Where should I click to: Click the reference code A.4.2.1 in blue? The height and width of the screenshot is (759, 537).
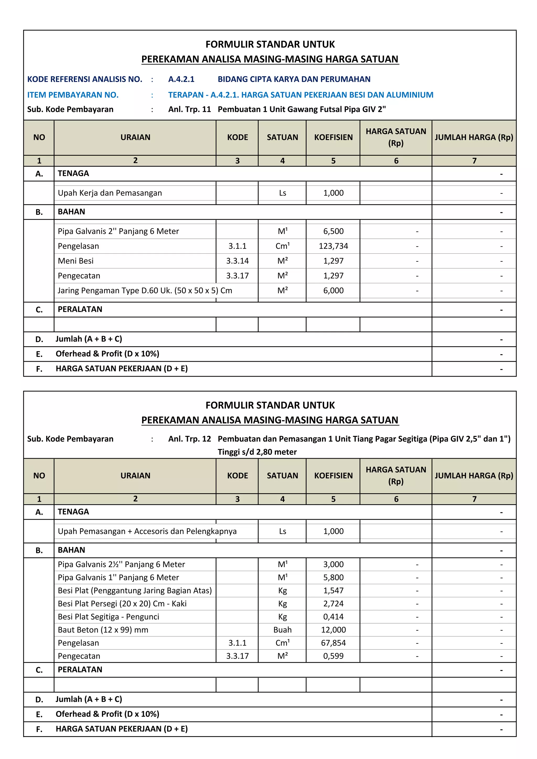[x=181, y=79]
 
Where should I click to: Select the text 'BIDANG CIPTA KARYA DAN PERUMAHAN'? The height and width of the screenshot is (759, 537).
[x=294, y=79]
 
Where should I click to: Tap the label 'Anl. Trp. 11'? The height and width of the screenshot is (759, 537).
[x=190, y=109]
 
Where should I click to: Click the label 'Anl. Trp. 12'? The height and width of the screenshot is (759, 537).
[x=190, y=439]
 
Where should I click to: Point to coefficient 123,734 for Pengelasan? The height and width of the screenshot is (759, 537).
[x=333, y=246]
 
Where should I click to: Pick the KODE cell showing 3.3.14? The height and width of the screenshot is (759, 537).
[x=237, y=261]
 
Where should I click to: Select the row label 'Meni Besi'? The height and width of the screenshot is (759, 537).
[x=76, y=261]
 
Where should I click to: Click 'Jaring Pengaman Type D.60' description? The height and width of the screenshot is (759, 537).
[x=144, y=291]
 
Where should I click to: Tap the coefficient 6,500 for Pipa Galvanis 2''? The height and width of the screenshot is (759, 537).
[x=333, y=231]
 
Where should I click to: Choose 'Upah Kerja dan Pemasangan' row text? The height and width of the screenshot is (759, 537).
[x=110, y=193]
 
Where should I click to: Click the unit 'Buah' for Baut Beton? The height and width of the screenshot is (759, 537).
[x=282, y=630]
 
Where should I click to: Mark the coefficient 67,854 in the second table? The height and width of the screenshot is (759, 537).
[x=333, y=643]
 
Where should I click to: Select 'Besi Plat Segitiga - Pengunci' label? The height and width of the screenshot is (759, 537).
[x=109, y=617]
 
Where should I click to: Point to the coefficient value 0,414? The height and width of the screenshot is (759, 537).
[x=333, y=617]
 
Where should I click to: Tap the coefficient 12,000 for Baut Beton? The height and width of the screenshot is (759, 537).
[x=333, y=630]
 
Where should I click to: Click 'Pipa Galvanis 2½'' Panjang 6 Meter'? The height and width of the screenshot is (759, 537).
[x=121, y=564]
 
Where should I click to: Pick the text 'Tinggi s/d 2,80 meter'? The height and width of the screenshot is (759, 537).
[x=257, y=452]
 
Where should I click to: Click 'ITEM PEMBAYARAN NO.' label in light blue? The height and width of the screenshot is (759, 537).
[x=73, y=95]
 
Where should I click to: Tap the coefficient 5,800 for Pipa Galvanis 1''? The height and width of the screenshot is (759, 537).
[x=333, y=578]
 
